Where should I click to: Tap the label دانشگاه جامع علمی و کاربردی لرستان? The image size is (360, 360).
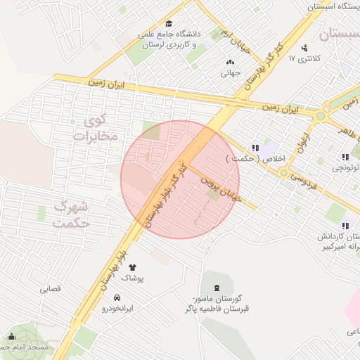pos(173,39)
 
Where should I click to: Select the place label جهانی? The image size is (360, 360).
pos(231,72)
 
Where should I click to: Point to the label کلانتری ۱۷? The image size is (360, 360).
pos(304,58)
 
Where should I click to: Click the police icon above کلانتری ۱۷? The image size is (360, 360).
pos(304,48)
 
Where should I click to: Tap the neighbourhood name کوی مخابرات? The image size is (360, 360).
pos(94,128)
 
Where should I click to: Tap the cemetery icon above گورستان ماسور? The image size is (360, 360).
pos(217,287)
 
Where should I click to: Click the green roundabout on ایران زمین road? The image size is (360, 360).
pos(321,115)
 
